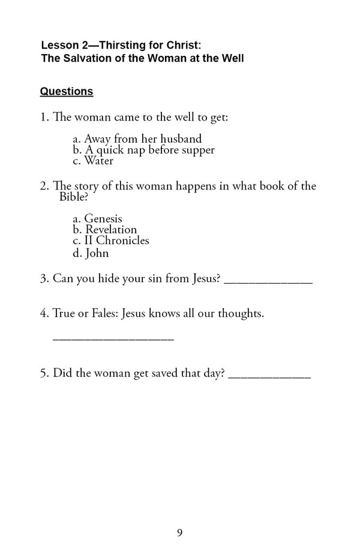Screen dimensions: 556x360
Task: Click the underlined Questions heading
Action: pyautogui.click(x=66, y=92)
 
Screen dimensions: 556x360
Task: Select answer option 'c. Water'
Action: pyautogui.click(x=93, y=161)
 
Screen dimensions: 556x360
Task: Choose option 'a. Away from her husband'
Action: pyautogui.click(x=137, y=139)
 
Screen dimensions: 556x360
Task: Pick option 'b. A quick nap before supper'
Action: pyautogui.click(x=143, y=150)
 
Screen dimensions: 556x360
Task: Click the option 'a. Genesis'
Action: pyautogui.click(x=97, y=219)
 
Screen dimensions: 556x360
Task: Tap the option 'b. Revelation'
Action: pyautogui.click(x=104, y=230)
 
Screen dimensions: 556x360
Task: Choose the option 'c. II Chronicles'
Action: pyautogui.click(x=110, y=241)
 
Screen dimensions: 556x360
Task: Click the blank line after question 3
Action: pyautogui.click(x=268, y=282)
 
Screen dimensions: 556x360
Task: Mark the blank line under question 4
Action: pyautogui.click(x=113, y=339)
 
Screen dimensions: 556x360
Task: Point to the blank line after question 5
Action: pyautogui.click(x=269, y=377)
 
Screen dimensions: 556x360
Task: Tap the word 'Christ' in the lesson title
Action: pyautogui.click(x=172, y=45)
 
